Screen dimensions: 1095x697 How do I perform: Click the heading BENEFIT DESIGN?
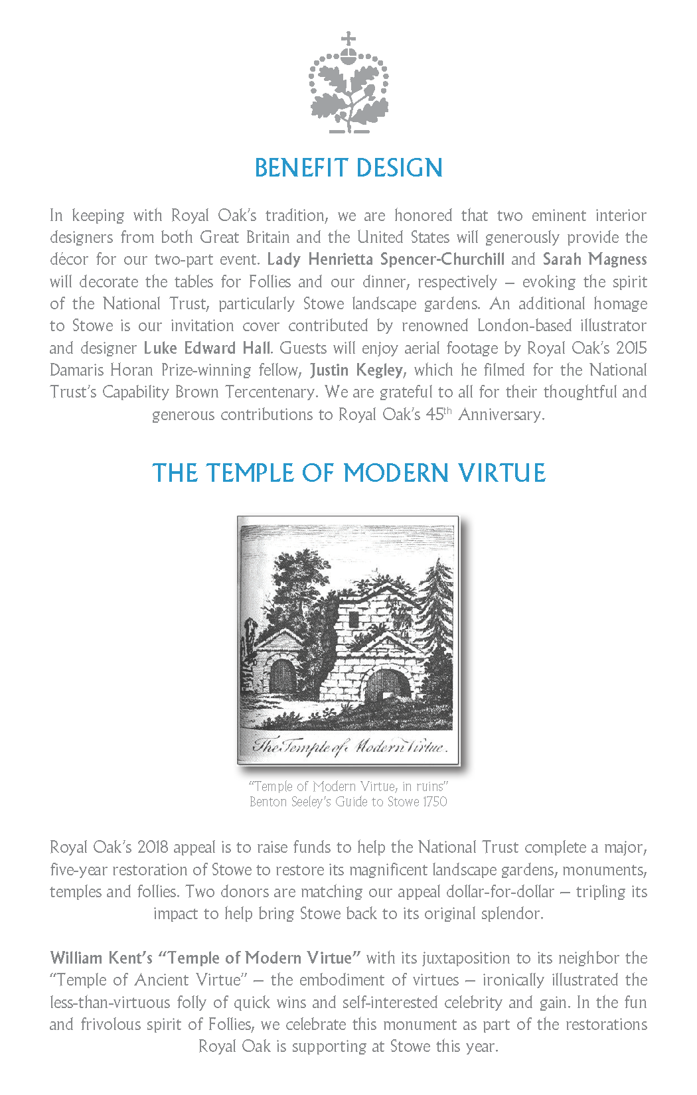(348, 168)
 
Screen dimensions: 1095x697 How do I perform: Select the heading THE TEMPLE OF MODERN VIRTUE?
(348, 473)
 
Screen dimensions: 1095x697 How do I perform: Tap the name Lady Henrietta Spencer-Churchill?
(386, 259)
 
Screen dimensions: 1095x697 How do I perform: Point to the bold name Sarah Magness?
(595, 259)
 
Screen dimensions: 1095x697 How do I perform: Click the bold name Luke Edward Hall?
(207, 348)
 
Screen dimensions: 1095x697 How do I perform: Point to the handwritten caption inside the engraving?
(350, 746)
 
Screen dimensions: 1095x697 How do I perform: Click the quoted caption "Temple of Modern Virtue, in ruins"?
(348, 786)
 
